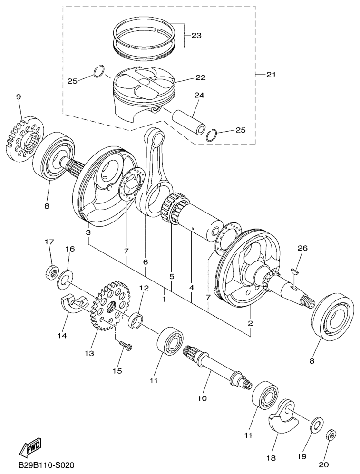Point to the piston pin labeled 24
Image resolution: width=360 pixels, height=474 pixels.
click(x=189, y=123)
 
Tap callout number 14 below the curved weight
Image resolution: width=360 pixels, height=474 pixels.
click(x=63, y=336)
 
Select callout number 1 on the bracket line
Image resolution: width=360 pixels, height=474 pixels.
click(x=164, y=300)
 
